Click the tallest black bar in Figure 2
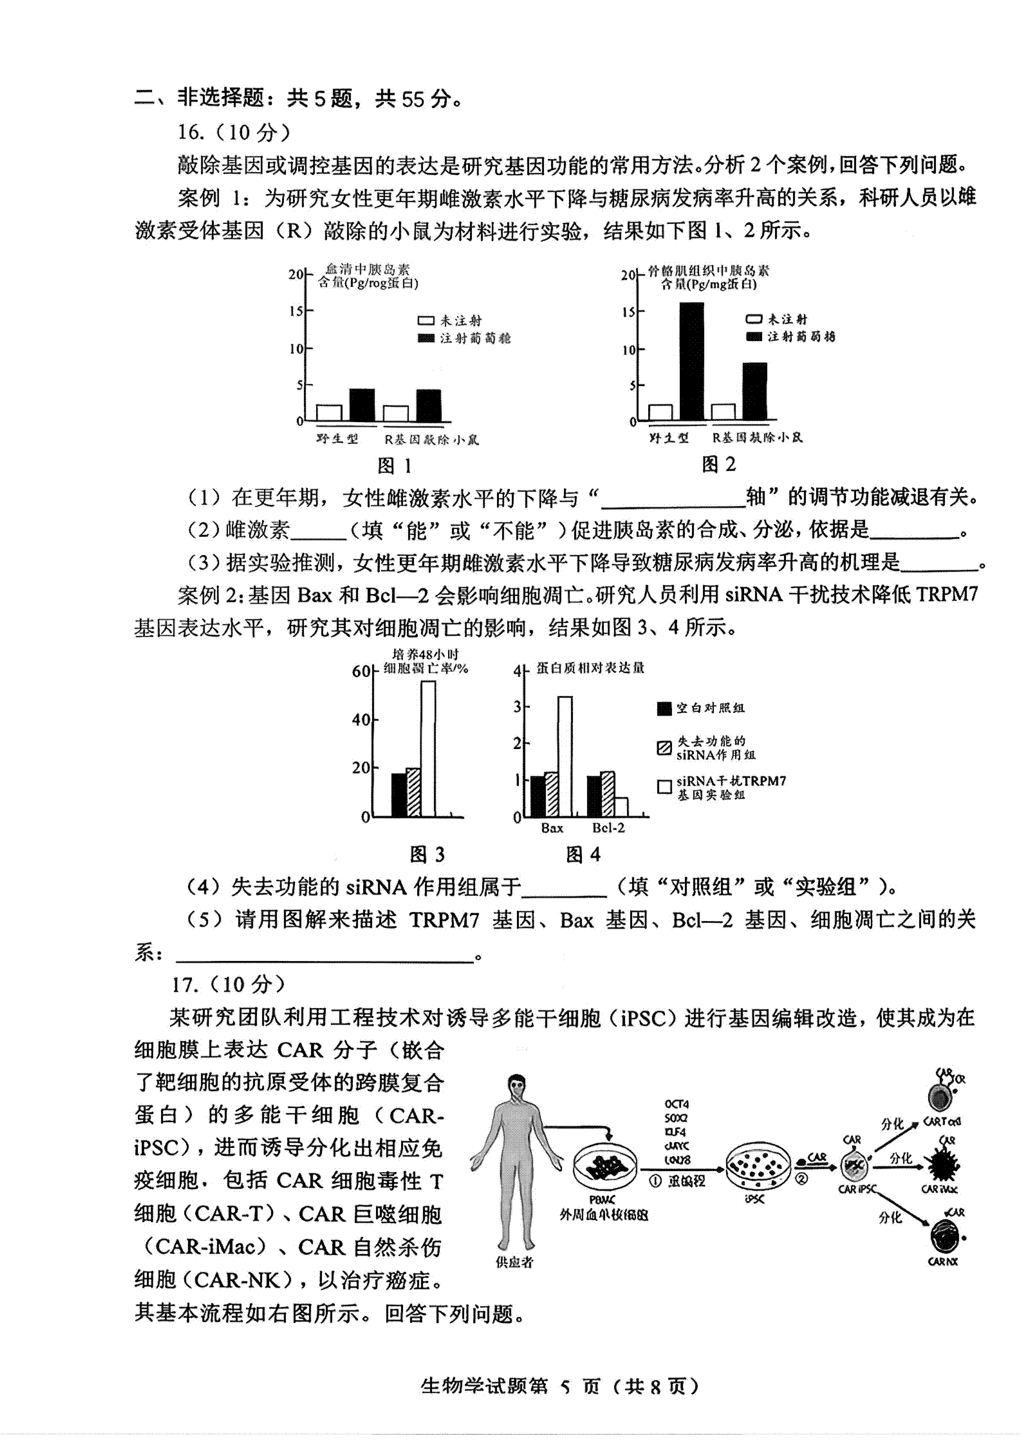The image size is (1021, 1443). (x=691, y=361)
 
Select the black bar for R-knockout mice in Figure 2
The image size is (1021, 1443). (x=755, y=391)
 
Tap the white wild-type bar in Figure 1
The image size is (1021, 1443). (x=329, y=413)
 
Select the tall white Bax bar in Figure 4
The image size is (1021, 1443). (x=565, y=756)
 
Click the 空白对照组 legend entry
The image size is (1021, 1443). (x=701, y=708)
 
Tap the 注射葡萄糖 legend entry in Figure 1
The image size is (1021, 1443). (x=465, y=338)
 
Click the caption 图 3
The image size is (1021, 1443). (x=427, y=854)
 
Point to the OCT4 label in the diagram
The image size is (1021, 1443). (x=676, y=1104)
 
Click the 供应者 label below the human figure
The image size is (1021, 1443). (x=514, y=1262)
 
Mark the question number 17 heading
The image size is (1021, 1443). (x=227, y=984)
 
